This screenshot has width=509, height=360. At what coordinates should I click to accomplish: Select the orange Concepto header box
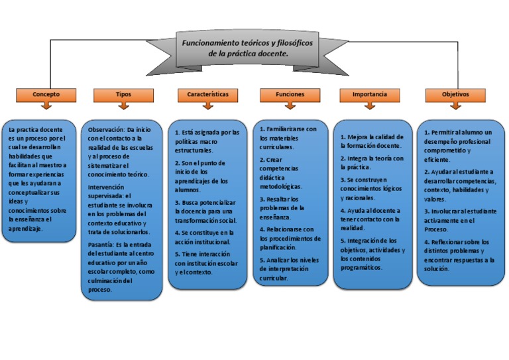(x=46, y=95)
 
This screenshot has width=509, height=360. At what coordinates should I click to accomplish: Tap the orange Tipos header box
(x=123, y=95)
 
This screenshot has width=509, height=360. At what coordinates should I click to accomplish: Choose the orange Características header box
(x=207, y=95)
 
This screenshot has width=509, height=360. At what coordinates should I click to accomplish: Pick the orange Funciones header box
(x=290, y=95)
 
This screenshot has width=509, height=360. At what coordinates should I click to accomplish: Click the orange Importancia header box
(x=370, y=95)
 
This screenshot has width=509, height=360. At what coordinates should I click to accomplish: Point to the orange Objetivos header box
(x=455, y=95)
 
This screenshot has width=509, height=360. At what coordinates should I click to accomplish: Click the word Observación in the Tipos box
(x=105, y=129)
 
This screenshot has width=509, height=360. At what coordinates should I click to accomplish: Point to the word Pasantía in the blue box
(x=100, y=245)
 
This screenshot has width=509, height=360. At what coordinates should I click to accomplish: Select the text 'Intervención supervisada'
(x=110, y=192)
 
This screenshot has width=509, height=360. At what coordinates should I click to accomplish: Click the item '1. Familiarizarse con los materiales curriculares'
(x=288, y=133)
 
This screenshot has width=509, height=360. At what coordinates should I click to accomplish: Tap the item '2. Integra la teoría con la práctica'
(x=372, y=163)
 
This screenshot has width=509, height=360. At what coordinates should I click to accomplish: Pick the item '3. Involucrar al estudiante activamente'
(x=459, y=215)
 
